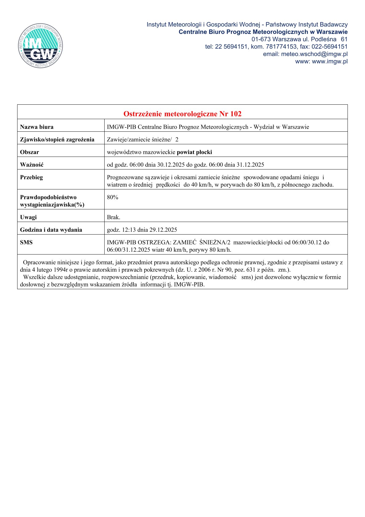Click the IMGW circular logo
(x=41, y=46)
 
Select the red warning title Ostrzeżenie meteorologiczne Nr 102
(x=182, y=114)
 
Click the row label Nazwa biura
(x=37, y=127)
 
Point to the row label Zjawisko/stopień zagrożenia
(x=57, y=139)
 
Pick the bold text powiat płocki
(x=194, y=152)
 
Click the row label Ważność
(x=32, y=165)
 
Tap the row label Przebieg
(x=31, y=177)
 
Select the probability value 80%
(x=113, y=197)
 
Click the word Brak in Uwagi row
(x=113, y=217)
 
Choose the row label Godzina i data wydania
(x=51, y=230)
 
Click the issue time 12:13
(x=127, y=230)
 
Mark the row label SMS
(x=26, y=242)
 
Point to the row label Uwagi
(x=28, y=217)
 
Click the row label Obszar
(x=29, y=152)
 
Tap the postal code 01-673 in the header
(x=261, y=39)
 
